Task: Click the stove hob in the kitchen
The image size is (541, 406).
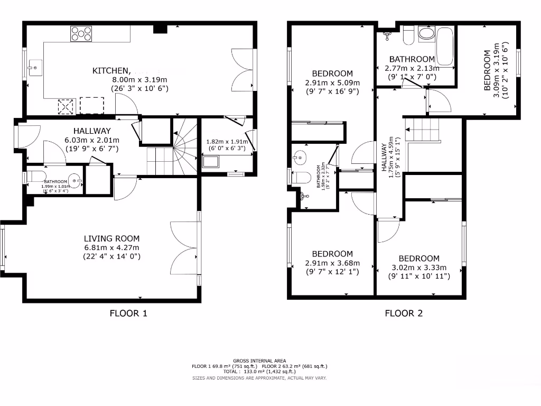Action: click(81, 33)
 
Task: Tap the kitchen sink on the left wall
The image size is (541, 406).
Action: click(35, 67)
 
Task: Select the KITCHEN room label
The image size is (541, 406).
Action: click(111, 70)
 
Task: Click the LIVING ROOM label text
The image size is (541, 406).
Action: click(111, 238)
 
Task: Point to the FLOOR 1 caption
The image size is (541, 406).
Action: click(128, 313)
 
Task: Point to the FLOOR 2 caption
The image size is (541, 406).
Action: click(404, 313)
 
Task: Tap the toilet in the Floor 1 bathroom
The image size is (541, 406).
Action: click(36, 177)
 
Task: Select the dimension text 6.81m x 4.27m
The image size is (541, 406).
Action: click(111, 247)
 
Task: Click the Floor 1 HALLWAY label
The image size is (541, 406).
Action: click(92, 131)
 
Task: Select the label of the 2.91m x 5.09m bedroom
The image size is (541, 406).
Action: click(332, 73)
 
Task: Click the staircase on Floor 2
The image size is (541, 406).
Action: click(423, 130)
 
